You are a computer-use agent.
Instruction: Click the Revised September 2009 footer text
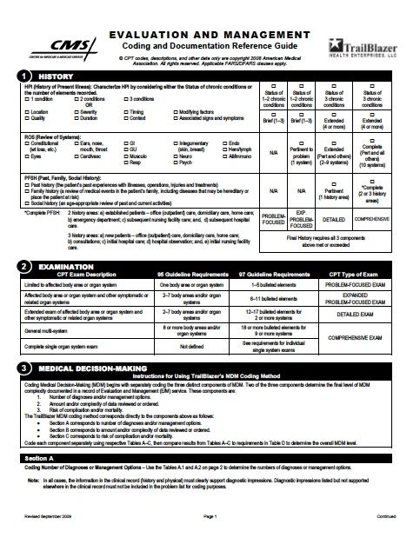click(43, 538)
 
